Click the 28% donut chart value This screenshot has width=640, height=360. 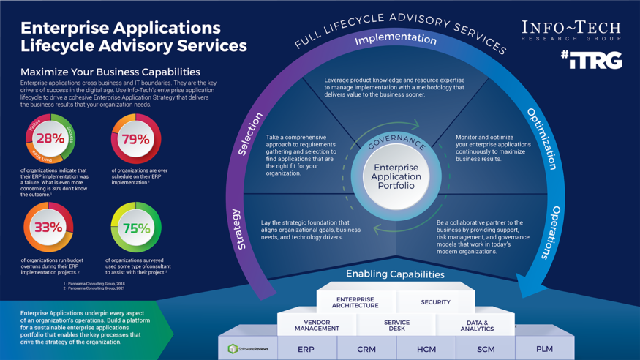coord(50,139)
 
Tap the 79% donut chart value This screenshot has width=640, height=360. coord(136,139)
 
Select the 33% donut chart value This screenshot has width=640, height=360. coord(48,228)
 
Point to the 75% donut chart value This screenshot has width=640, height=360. coord(136,228)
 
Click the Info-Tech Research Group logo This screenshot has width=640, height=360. coord(571,31)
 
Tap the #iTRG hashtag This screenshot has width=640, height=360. coord(591,60)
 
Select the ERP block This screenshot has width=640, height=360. coord(306,349)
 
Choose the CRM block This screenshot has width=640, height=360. coord(366,349)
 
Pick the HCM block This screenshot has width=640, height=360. coord(426,349)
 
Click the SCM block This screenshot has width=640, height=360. coord(486,349)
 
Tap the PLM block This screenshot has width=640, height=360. coord(544,348)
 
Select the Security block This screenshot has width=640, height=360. coord(435,302)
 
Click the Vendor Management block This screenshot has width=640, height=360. coord(317,326)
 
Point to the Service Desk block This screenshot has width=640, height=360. coord(396,326)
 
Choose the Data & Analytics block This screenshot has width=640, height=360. coord(477,326)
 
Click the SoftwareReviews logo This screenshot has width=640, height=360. coord(248,349)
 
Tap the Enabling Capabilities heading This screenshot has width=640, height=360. coord(395,274)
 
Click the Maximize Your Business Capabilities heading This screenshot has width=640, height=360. coord(110,72)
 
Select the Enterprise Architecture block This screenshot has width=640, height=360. coord(355,302)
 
